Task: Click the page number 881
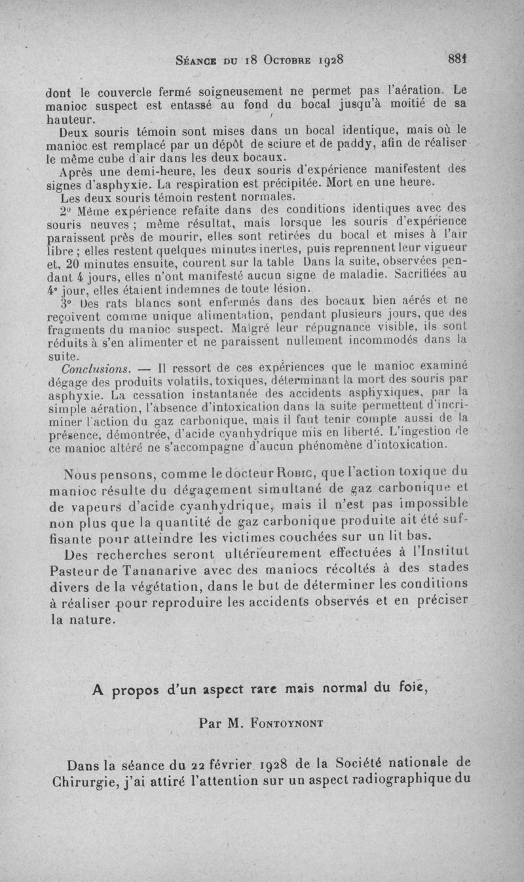(457, 58)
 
